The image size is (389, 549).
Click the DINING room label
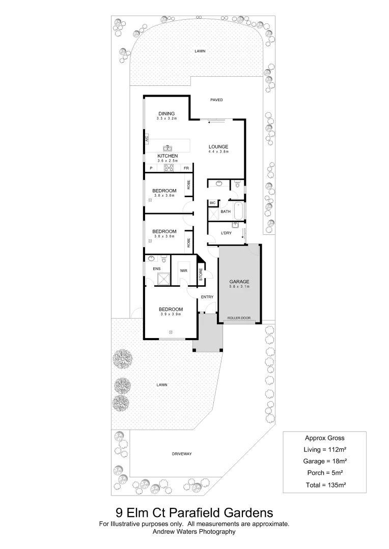(166, 113)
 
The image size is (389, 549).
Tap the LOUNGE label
(218, 147)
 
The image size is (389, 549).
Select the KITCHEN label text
(167, 156)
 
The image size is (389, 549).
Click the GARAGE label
(239, 281)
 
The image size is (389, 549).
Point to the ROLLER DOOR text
(239, 318)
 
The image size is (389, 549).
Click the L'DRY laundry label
(227, 233)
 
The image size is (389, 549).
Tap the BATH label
(226, 211)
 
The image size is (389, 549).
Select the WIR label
(184, 271)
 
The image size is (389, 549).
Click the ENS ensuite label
(157, 269)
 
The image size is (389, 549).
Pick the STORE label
(201, 275)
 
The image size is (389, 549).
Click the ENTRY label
(207, 297)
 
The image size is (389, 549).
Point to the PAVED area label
(217, 100)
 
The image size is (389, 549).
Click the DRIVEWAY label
(182, 453)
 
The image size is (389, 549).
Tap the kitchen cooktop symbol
(169, 168)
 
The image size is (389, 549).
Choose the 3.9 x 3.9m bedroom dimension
(171, 314)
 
